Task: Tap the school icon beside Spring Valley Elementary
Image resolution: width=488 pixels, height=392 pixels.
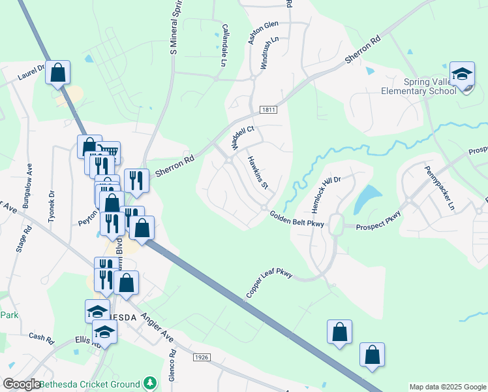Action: pos(462,75)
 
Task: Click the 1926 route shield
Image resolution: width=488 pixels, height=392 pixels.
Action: pos(202,358)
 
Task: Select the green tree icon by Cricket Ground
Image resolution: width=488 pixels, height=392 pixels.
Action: pos(150,382)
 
